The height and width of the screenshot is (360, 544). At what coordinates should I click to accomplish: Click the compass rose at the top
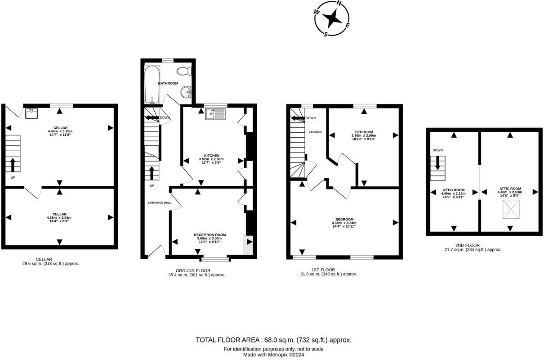333,18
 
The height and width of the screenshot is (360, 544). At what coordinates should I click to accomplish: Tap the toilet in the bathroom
184,71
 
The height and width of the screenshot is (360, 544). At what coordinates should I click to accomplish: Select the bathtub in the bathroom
152,84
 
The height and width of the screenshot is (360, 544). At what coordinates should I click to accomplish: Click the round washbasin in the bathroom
186,92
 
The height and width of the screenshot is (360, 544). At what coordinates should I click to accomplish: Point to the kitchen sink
215,114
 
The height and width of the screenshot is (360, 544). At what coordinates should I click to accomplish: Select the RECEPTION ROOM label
210,235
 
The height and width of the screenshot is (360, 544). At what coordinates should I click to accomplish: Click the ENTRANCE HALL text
160,203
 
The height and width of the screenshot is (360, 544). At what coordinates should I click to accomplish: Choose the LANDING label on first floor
315,132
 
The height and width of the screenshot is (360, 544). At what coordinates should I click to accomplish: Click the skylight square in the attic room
510,209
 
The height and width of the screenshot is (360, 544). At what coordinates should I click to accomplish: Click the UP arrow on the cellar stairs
13,165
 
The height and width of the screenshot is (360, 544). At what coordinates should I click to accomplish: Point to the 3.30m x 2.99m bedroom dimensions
363,135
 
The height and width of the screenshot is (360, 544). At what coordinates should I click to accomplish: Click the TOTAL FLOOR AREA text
273,340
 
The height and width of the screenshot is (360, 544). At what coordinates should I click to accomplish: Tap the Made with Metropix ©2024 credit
273,355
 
